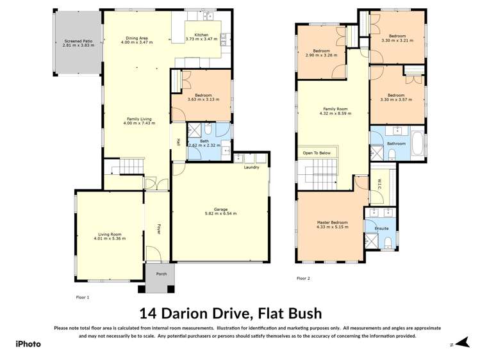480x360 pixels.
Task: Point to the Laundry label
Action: [251, 167]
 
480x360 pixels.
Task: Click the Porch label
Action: [161, 274]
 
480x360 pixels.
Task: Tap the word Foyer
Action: [159, 229]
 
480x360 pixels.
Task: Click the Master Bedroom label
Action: [332, 223]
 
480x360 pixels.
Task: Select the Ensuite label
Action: [382, 227]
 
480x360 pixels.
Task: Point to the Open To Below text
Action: [317, 153]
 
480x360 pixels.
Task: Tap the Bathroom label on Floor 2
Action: [396, 143]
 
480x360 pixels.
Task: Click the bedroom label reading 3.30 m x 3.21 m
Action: [397, 36]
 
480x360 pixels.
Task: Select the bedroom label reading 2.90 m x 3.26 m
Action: [321, 51]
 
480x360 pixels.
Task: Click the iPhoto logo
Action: [28, 344]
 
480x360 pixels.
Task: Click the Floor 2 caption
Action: [303, 278]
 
